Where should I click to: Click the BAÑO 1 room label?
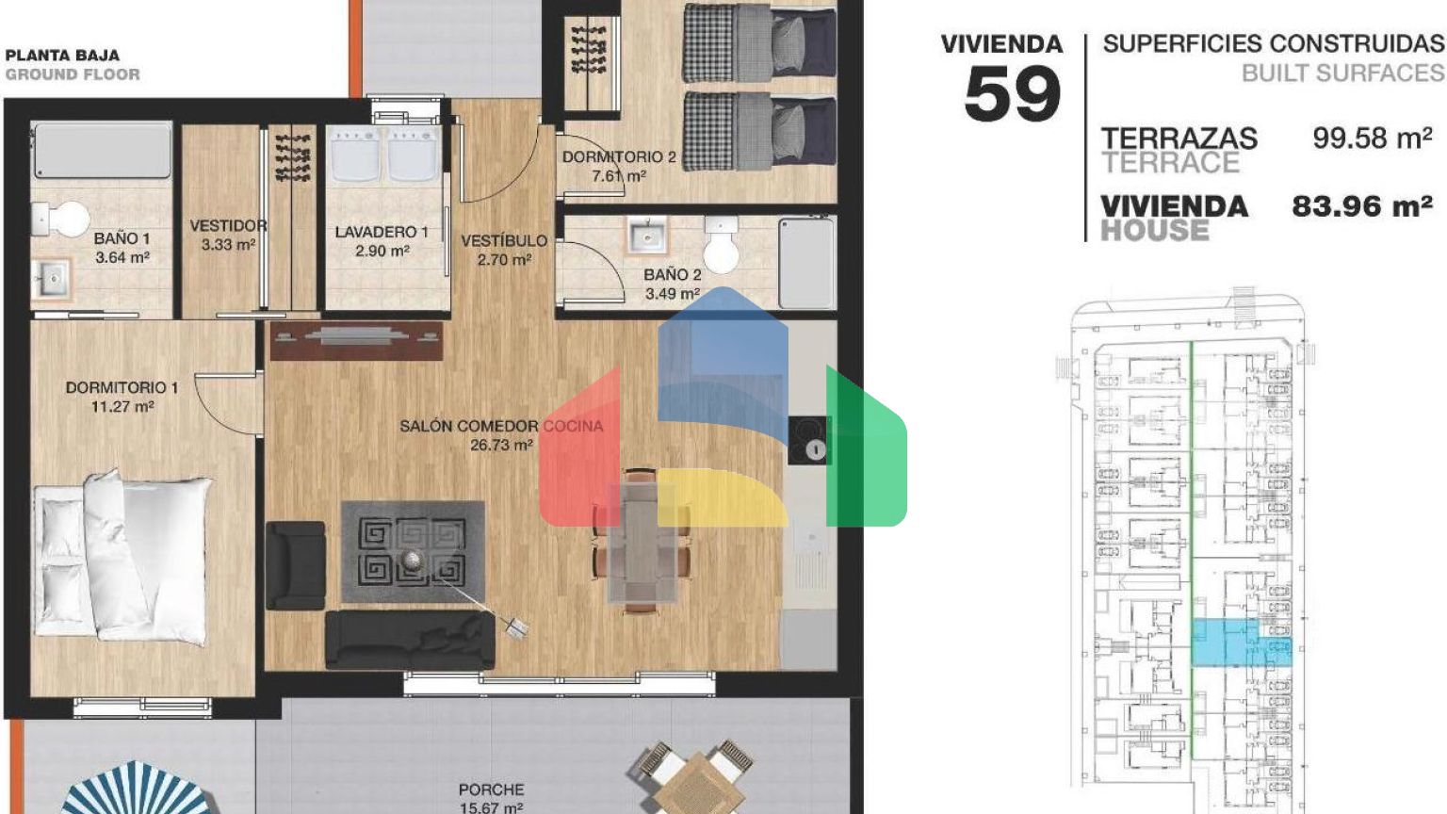click(122, 238)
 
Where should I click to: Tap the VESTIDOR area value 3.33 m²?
click(228, 245)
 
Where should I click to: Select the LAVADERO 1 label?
click(382, 232)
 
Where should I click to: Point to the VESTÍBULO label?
click(504, 241)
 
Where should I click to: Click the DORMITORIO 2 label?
click(619, 157)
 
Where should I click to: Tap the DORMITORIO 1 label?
click(122, 387)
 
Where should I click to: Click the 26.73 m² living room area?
click(501, 445)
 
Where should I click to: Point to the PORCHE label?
click(491, 790)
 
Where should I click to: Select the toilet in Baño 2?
click(721, 246)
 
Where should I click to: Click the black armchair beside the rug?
click(295, 565)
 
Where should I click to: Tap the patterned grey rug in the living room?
click(413, 552)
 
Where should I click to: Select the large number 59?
click(1013, 94)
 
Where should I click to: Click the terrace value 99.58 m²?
click(1373, 138)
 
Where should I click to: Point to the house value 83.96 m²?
click(1362, 206)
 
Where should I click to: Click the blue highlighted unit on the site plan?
click(1241, 643)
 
